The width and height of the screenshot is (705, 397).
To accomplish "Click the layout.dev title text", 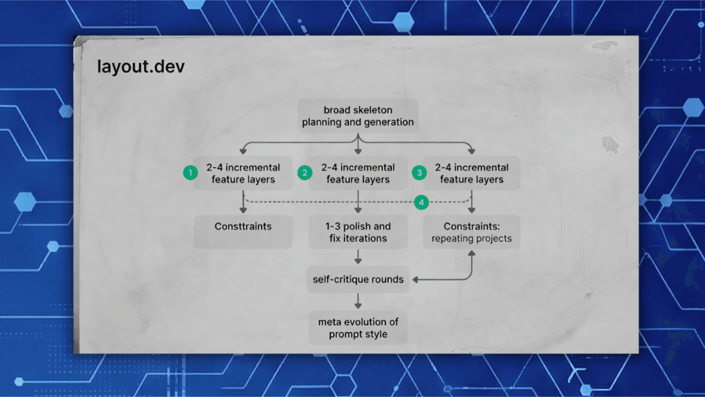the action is point(141,67).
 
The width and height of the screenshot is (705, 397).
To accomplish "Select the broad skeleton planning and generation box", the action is point(358,116).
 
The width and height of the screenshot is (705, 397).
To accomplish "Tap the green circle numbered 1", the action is point(190,172).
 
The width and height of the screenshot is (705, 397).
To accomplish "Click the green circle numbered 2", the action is point(304,172).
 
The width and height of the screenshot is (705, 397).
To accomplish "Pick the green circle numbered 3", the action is point(419,172).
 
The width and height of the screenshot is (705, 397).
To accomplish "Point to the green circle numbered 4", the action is point(421,202).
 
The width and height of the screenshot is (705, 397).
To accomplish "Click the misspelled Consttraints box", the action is point(243,232).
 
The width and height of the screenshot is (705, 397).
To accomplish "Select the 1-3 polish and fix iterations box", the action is point(358,232).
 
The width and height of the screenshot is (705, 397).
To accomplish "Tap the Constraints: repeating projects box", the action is point(471,232).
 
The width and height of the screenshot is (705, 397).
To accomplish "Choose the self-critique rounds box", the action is point(358,279).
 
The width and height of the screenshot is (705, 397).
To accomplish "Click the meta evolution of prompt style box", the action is point(358,328).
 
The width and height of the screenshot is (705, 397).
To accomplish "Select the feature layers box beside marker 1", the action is point(243,173).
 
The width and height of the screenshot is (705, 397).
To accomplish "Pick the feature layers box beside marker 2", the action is point(358,173).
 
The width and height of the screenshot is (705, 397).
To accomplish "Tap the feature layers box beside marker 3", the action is point(471,173).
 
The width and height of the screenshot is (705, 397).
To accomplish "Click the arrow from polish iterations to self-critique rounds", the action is point(358,257).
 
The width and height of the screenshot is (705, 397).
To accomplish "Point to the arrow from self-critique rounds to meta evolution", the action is point(358,301).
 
